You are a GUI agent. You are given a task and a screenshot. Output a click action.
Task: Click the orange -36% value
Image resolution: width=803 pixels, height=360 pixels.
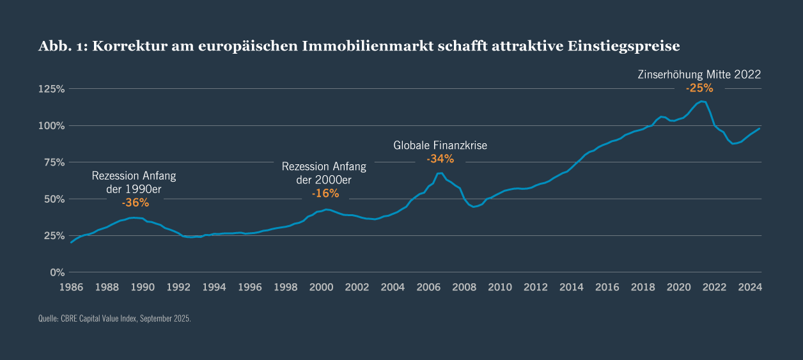point(135,203)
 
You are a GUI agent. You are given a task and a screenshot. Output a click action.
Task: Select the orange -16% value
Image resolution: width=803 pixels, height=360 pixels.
point(325,193)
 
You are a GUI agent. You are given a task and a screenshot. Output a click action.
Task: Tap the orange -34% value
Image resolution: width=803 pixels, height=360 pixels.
point(440,159)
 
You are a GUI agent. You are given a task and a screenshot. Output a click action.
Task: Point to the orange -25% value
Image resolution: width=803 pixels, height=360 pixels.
point(699,88)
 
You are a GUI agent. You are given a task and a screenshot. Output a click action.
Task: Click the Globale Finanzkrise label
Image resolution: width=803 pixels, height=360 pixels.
point(440,145)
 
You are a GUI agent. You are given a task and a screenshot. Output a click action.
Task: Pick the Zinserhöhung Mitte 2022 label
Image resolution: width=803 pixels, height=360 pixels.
point(699,74)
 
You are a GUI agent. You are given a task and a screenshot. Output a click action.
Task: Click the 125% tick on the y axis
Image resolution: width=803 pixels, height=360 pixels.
point(52,89)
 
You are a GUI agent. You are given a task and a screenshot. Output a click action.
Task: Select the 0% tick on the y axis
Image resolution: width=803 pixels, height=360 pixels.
point(58,272)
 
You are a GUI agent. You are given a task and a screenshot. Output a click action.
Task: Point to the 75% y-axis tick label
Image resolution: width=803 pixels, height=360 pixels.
point(54,162)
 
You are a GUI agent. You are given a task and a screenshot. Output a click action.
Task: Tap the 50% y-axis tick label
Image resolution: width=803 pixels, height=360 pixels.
point(54,199)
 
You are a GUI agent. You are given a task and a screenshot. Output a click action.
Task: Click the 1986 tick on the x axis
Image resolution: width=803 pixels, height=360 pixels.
point(71,287)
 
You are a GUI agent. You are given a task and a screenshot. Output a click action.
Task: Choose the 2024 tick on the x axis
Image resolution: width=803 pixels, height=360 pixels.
point(749,287)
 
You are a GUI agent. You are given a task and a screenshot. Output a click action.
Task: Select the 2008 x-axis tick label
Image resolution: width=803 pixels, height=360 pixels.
point(464,287)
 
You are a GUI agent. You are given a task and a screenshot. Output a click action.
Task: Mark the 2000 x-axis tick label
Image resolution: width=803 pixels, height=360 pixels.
point(321,287)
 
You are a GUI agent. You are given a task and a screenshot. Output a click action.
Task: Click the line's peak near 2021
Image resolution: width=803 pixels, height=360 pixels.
point(701,101)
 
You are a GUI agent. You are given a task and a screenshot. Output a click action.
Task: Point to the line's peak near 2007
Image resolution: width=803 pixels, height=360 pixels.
point(439,173)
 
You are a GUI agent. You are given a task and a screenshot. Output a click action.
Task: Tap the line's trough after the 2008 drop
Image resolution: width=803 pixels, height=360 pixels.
point(474,207)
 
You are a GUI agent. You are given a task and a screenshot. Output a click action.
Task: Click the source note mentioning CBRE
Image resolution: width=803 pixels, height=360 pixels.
point(114,318)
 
